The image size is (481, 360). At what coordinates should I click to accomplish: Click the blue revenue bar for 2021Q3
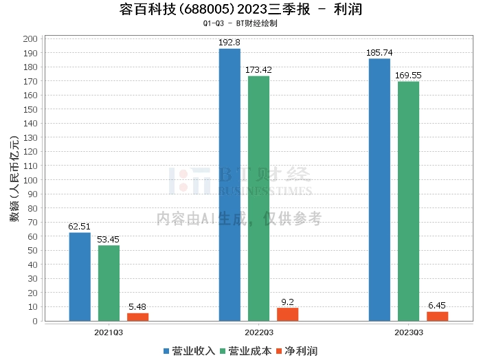click(80, 277)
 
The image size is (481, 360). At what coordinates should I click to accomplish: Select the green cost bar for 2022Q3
click(258, 199)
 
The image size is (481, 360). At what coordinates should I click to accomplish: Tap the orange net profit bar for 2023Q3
click(438, 317)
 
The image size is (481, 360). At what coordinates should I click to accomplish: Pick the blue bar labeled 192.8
click(230, 185)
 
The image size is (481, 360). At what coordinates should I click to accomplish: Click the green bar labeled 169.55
click(408, 201)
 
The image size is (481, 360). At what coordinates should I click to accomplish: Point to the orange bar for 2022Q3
click(287, 315)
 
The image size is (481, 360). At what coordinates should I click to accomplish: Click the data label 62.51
click(79, 227)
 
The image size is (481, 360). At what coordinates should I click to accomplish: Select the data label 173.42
click(258, 70)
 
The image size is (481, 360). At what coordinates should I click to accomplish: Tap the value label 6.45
click(437, 306)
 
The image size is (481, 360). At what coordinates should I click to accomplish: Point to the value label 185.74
click(379, 53)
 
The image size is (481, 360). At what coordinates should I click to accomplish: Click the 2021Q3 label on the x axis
click(109, 333)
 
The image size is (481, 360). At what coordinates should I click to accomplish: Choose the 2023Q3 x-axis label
click(409, 333)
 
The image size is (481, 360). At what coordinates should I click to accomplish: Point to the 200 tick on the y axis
click(30, 39)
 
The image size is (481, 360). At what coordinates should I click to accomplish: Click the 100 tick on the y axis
click(30, 180)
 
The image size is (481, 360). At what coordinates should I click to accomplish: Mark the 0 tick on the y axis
click(35, 321)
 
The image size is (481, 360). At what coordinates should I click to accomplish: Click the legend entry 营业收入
click(189, 351)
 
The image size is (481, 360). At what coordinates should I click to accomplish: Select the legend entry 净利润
click(297, 351)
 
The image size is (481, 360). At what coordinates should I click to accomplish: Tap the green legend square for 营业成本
click(223, 351)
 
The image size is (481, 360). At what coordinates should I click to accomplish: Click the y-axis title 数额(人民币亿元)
click(14, 179)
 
